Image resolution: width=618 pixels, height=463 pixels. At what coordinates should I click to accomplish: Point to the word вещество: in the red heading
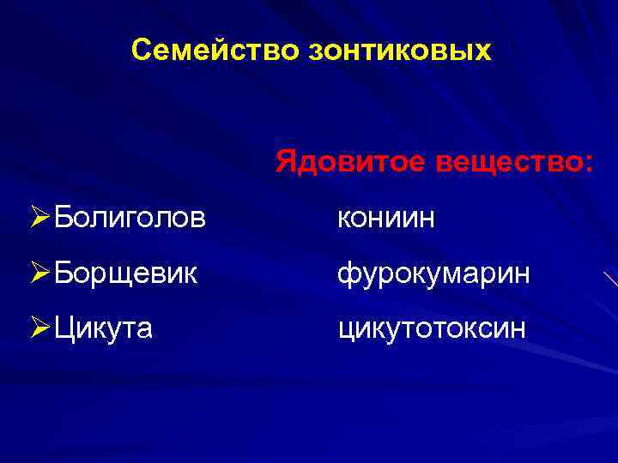(x=512, y=161)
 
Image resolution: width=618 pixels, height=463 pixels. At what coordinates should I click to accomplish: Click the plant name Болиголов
(x=129, y=218)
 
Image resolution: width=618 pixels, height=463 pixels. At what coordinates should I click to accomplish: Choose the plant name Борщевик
(x=125, y=274)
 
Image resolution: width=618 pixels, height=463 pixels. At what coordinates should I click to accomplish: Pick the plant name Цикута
(x=103, y=328)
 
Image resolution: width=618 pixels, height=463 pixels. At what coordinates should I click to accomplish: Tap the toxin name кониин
(x=386, y=219)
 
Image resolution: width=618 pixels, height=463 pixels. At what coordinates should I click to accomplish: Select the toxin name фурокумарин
(x=433, y=274)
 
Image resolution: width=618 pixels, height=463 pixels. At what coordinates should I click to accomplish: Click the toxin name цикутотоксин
(x=431, y=328)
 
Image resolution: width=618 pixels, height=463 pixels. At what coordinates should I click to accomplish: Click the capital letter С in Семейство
(x=142, y=51)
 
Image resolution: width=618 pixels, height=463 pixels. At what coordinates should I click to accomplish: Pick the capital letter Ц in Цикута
(x=62, y=328)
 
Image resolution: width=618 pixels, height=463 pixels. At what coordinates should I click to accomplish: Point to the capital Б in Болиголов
(x=61, y=218)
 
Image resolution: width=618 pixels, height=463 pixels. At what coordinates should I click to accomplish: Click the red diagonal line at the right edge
(x=610, y=280)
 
